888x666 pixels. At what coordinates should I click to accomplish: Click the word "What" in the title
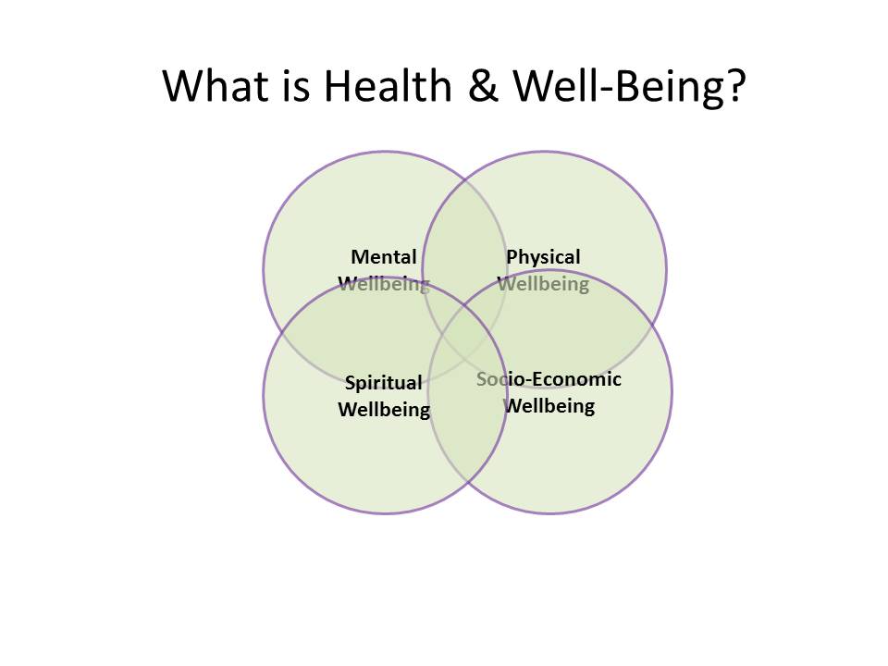tap(215, 86)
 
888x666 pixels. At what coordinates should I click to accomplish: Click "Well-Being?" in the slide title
tap(629, 86)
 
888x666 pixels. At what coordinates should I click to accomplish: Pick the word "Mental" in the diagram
tap(384, 257)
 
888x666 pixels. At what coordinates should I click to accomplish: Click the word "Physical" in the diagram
tap(543, 257)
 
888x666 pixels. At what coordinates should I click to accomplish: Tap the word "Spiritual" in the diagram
tap(383, 383)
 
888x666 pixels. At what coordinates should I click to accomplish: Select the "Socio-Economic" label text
tap(549, 379)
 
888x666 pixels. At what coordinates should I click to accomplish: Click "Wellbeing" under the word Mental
tap(384, 284)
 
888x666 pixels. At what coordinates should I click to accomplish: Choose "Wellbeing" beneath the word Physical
tap(543, 284)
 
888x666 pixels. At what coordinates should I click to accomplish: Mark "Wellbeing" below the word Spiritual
tap(384, 409)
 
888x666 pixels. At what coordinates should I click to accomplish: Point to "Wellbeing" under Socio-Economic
tap(549, 405)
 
